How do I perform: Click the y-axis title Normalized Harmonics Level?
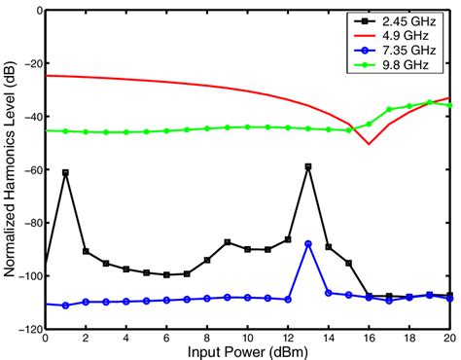11,170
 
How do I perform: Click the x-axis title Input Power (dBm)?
247,350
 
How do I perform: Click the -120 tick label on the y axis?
28,330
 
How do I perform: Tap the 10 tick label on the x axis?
248,339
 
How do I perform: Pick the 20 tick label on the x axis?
449,339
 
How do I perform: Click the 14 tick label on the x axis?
329,339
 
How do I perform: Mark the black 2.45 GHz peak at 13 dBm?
308,166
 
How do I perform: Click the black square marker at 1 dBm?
66,172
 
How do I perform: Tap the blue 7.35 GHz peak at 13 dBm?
308,244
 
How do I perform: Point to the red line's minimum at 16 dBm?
369,144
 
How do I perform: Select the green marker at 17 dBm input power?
389,110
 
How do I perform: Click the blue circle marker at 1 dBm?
66,306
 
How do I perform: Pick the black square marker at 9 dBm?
228,242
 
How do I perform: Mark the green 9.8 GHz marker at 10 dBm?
248,126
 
